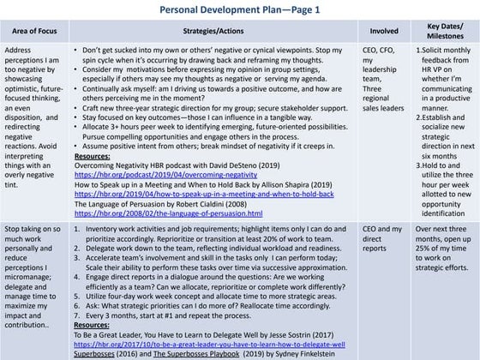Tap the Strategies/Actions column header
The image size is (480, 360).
(x=216, y=30)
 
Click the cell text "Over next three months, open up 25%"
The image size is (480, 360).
(x=443, y=249)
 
